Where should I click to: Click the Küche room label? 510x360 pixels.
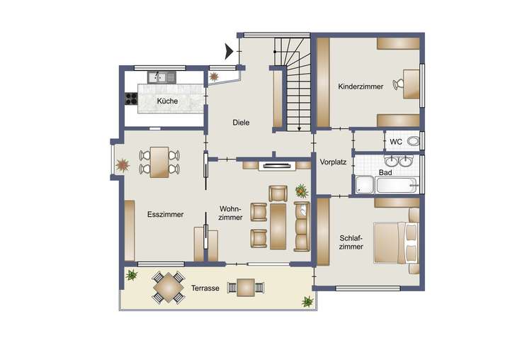coord(168,101)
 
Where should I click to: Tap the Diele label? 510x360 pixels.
coord(241,123)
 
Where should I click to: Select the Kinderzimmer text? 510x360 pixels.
coord(361,86)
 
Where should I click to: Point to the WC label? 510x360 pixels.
coord(396,142)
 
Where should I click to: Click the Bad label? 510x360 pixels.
coord(385,172)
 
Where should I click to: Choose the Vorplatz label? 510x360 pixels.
coord(333,162)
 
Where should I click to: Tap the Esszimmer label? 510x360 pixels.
coord(166,214)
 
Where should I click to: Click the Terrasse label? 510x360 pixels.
coord(205,288)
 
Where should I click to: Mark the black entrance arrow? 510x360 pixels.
coord(229,51)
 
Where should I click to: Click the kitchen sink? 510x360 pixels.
coord(161,77)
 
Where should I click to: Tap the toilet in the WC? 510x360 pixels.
coord(412,142)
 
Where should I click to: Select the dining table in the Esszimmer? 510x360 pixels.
coord(159,161)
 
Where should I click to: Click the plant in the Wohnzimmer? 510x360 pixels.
coord(302,190)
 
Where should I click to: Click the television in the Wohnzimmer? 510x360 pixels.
coord(276,167)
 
